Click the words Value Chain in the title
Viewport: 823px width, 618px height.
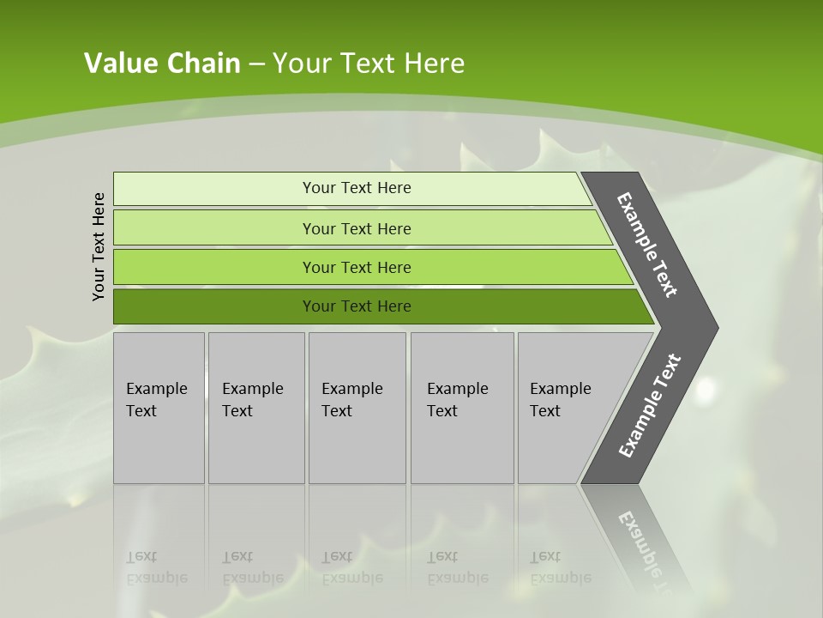click(162, 64)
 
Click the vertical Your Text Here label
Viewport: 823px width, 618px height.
click(99, 246)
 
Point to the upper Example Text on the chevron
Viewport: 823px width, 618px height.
click(647, 245)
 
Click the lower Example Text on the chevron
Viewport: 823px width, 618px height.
click(650, 406)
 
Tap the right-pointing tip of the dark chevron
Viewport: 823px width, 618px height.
click(713, 328)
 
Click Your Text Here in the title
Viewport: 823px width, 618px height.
click(369, 64)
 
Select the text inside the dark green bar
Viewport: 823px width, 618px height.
click(357, 306)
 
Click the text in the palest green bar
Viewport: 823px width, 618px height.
click(357, 188)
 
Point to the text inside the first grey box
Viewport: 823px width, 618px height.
click(156, 400)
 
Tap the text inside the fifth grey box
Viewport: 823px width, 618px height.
click(560, 400)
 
